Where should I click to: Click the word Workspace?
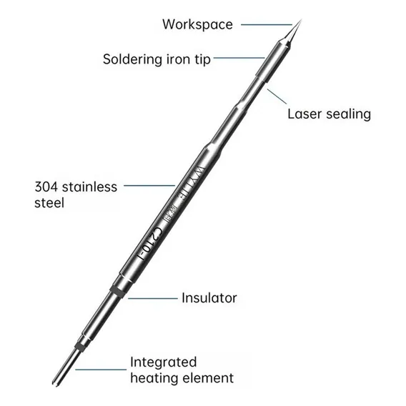[x=197, y=24]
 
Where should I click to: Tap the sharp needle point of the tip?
[x=302, y=19]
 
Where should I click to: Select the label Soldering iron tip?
[x=157, y=59]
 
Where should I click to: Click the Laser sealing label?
[x=329, y=114]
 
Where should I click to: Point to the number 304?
[x=46, y=187]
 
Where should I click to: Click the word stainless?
[x=89, y=187]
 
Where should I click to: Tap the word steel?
[x=49, y=203]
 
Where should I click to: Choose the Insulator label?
[x=209, y=298]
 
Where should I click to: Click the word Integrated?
[x=164, y=362]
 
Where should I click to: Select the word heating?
[x=154, y=378]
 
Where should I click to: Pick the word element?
[x=209, y=378]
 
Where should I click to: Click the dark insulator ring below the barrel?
[x=118, y=292]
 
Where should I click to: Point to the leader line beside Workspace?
[x=267, y=25]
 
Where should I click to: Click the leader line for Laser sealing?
[x=277, y=96]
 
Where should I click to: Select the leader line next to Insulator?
[x=153, y=298]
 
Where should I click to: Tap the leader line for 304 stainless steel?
[x=149, y=185]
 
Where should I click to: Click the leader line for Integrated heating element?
[x=101, y=370]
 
